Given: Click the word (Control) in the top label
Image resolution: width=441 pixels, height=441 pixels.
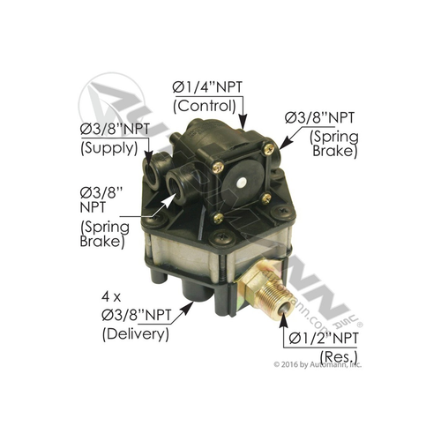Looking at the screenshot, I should [x=207, y=104].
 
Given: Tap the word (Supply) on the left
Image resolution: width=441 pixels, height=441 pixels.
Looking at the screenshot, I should [x=106, y=149].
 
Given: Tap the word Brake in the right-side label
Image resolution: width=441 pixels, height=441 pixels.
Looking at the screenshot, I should [x=337, y=150].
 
